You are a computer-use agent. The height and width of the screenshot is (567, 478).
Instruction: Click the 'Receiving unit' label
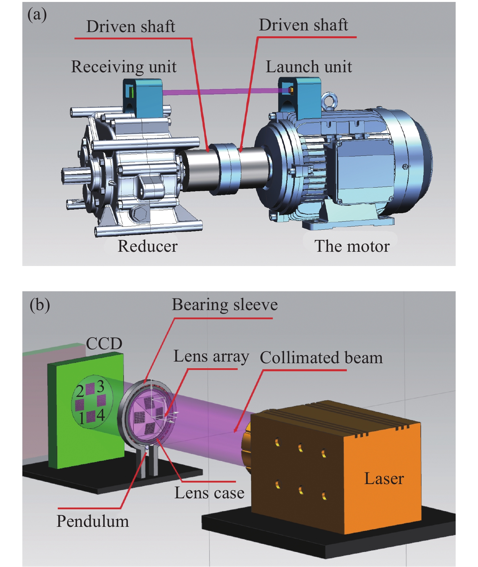(124, 67)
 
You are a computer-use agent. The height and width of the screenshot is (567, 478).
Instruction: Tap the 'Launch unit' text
(309, 67)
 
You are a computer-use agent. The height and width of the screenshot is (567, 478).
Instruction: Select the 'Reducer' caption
(147, 246)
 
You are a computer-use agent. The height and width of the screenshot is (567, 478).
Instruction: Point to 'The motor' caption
(352, 246)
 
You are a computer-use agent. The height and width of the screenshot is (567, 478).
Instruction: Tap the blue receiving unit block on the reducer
(142, 97)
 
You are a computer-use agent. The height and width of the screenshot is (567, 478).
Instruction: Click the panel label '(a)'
(37, 15)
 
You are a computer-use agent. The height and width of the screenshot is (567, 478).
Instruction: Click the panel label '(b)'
(40, 305)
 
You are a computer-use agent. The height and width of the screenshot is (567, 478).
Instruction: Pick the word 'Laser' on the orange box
(384, 479)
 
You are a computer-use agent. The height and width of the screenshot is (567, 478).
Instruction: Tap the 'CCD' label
(104, 343)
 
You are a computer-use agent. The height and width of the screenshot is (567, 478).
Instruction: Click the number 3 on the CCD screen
(101, 386)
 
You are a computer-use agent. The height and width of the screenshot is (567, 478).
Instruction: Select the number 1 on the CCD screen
(82, 418)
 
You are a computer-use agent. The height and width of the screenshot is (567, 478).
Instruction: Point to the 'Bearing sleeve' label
(225, 305)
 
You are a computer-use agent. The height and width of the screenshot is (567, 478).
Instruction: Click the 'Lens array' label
(211, 356)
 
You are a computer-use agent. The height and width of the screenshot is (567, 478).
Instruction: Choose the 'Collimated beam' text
(321, 358)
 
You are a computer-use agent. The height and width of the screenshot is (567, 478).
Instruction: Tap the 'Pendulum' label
(93, 521)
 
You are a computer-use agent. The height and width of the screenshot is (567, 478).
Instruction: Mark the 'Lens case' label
(209, 493)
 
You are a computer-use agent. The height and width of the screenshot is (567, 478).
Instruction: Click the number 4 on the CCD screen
(101, 415)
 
